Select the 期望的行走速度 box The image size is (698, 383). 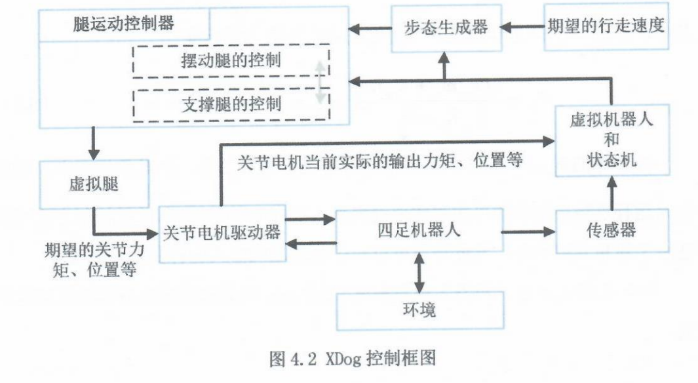606,26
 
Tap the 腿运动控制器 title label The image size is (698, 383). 124,24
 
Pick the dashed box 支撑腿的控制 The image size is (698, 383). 231,104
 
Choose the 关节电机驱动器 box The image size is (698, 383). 222,232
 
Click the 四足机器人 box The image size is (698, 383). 419,231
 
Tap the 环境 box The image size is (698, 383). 419,310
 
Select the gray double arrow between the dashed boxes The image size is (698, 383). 320,83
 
